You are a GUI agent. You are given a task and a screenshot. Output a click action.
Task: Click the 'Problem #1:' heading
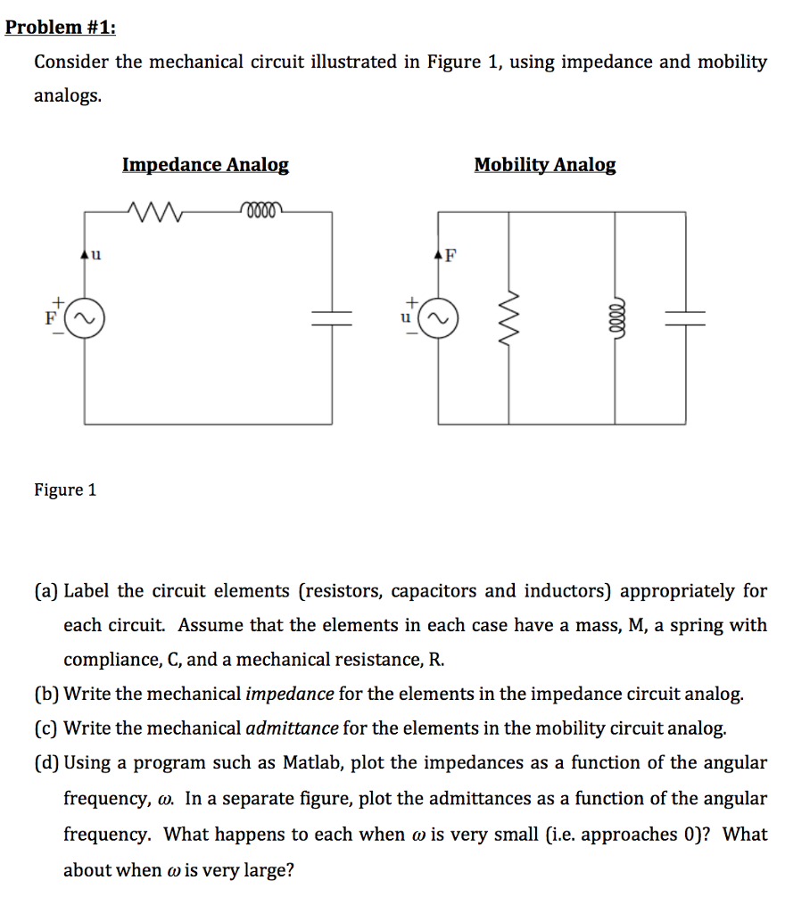60,28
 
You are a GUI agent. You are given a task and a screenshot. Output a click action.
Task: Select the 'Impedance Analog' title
205,165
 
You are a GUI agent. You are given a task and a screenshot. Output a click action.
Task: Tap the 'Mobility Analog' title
544,165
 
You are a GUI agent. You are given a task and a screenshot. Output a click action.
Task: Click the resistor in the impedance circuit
156,212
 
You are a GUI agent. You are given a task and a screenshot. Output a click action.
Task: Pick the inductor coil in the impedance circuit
260,211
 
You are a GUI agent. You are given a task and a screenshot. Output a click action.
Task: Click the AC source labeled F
87,317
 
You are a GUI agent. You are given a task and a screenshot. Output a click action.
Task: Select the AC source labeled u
438,317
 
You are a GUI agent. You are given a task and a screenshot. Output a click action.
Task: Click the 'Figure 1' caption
65,489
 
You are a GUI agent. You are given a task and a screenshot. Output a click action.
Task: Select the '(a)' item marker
47,591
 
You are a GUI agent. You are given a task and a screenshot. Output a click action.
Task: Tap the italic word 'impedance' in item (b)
289,694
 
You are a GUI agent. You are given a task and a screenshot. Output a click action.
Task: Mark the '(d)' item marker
47,763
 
